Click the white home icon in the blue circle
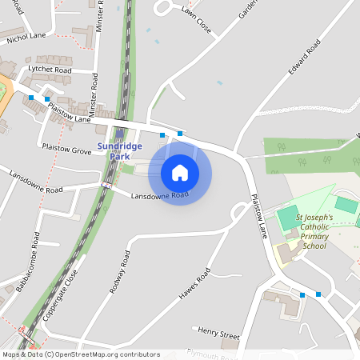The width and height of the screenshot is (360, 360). point(180,172)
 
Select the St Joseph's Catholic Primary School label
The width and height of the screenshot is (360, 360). point(311,231)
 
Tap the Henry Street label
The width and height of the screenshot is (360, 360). point(218,333)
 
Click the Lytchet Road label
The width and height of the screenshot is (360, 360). point(50,70)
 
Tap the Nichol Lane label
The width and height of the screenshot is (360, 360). point(26,37)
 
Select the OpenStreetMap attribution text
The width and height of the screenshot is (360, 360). point(81,354)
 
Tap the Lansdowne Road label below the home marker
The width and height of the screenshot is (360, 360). point(159,195)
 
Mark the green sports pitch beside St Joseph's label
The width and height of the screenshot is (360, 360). point(287,216)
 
